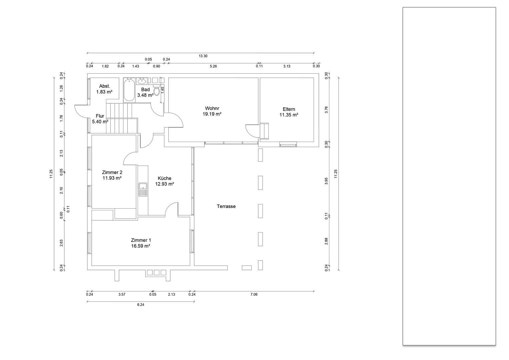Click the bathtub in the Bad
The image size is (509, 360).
129,90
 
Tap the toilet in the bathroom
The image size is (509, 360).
157,91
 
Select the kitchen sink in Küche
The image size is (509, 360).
143,189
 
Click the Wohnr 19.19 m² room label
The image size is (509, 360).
212,111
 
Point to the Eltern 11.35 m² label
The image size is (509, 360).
289,112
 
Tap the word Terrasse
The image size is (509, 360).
226,206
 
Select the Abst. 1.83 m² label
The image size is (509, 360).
104,89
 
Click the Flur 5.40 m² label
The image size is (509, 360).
100,119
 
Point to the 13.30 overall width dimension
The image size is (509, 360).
203,56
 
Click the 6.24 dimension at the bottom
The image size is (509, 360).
140,304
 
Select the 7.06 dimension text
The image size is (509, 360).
254,294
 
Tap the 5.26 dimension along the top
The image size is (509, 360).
213,66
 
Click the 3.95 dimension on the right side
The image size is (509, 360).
326,181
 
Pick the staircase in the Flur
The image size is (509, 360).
122,118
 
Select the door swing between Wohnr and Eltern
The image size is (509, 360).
252,130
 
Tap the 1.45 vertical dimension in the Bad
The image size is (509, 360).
163,90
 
